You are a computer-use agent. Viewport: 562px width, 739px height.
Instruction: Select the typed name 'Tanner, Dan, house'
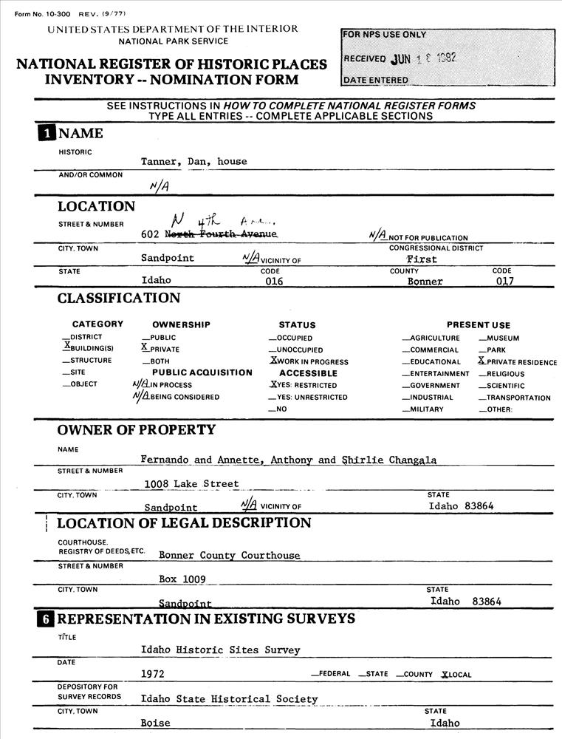coord(194,161)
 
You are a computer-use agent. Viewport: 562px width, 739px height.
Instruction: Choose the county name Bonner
coord(425,281)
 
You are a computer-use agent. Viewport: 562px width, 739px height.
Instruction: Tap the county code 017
coord(504,281)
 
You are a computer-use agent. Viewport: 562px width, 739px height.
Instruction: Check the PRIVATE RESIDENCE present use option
coord(518,361)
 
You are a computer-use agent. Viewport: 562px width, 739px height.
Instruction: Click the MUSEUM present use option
coord(502,338)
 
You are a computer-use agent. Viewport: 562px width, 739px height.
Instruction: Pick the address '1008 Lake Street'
coord(192,483)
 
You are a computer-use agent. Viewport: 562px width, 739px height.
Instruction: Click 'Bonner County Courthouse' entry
coord(230,555)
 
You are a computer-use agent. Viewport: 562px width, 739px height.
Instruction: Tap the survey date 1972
coord(153,674)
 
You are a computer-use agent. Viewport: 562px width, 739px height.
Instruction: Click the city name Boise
coord(155,723)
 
